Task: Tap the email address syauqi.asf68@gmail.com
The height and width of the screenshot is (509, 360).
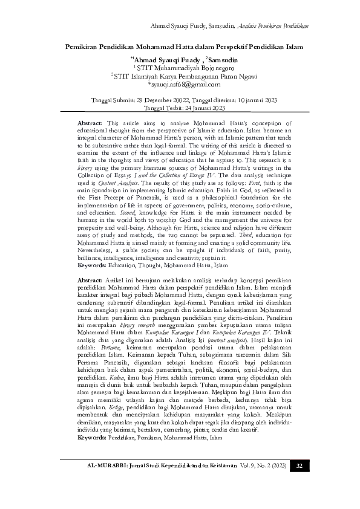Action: point(180,85)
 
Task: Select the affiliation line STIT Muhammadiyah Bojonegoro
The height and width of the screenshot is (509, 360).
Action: point(180,68)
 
